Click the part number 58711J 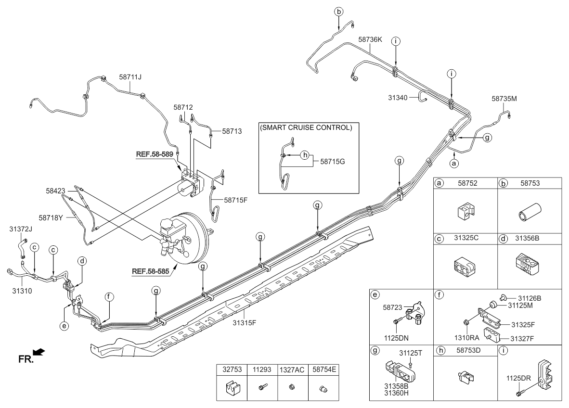pos(130,76)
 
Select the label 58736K pos(370,40)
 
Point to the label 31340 pos(398,98)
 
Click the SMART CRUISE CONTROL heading pos(306,128)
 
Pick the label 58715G pos(333,162)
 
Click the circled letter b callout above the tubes pos(338,11)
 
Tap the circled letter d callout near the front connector pos(83,261)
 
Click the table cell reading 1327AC pos(292,370)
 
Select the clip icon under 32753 pos(232,388)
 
